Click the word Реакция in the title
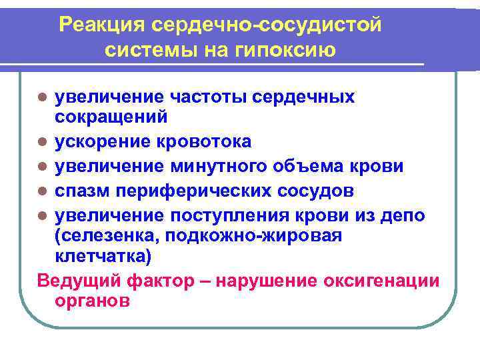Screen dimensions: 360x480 [x=102, y=25]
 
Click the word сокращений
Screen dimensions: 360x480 [x=111, y=117]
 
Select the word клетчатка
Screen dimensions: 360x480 [x=105, y=256]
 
